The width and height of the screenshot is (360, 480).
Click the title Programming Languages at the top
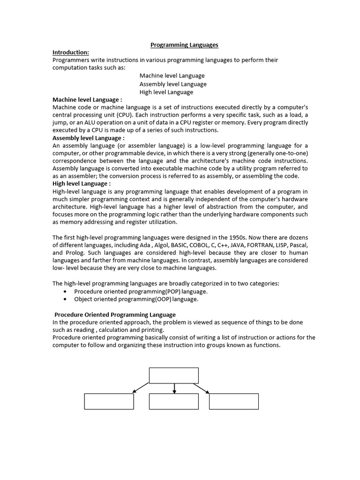coord(184,45)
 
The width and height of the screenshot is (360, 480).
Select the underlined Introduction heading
coord(71,52)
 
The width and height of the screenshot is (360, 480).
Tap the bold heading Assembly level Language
coord(88,138)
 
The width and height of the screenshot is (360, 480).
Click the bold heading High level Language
coord(81,184)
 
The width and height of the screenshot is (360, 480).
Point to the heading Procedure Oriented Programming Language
coord(115,315)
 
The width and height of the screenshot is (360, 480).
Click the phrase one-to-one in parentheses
coord(287,153)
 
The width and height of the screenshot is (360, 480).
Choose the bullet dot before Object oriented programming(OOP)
coord(64,299)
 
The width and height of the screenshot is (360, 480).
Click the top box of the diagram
coord(174,375)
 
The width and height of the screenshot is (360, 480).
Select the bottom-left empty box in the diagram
coord(109,401)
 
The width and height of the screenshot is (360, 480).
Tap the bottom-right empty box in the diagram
coord(233,401)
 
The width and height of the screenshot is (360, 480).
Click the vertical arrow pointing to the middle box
coord(174,388)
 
